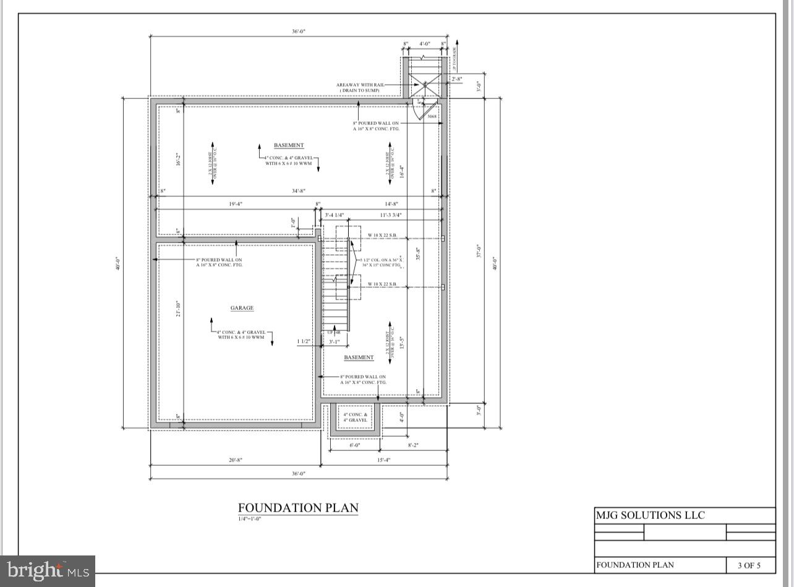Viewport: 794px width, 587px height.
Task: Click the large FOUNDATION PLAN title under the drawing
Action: (x=298, y=508)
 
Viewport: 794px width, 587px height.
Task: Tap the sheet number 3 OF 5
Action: (x=748, y=565)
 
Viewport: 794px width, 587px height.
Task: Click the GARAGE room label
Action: (x=242, y=308)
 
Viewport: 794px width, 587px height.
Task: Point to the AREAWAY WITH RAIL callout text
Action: (x=360, y=85)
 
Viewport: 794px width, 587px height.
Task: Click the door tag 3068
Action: (x=432, y=116)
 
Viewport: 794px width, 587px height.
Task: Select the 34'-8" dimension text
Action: (x=298, y=191)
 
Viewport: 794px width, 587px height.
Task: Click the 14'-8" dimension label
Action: (x=390, y=204)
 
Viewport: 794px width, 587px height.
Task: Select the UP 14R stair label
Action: (x=334, y=333)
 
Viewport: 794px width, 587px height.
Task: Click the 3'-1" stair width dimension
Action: (x=334, y=341)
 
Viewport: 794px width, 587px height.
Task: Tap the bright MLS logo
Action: (x=48, y=570)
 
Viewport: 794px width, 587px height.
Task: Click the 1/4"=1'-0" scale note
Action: (x=250, y=519)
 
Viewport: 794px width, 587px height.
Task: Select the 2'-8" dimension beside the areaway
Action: (x=457, y=79)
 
